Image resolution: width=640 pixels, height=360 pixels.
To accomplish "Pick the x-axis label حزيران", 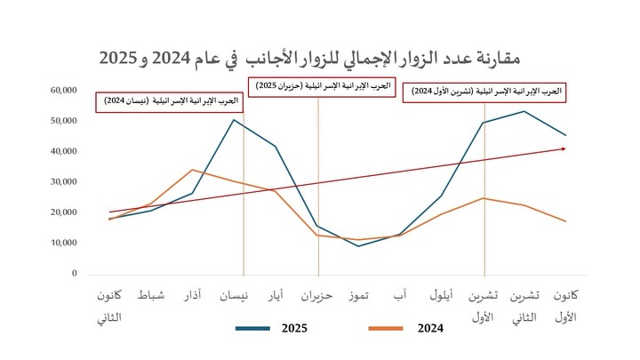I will tap(316, 296).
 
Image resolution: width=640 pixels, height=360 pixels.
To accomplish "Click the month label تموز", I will tap(360, 296).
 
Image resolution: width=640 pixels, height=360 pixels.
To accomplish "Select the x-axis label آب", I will tap(400, 296).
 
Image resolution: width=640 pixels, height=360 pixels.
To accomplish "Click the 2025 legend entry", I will tap(293, 329).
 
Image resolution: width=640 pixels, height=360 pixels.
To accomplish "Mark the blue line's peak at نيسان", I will tap(234, 119).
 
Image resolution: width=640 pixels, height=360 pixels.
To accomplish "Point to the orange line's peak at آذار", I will tap(192, 170).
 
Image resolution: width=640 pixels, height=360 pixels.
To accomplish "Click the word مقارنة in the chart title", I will tap(493, 59).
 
